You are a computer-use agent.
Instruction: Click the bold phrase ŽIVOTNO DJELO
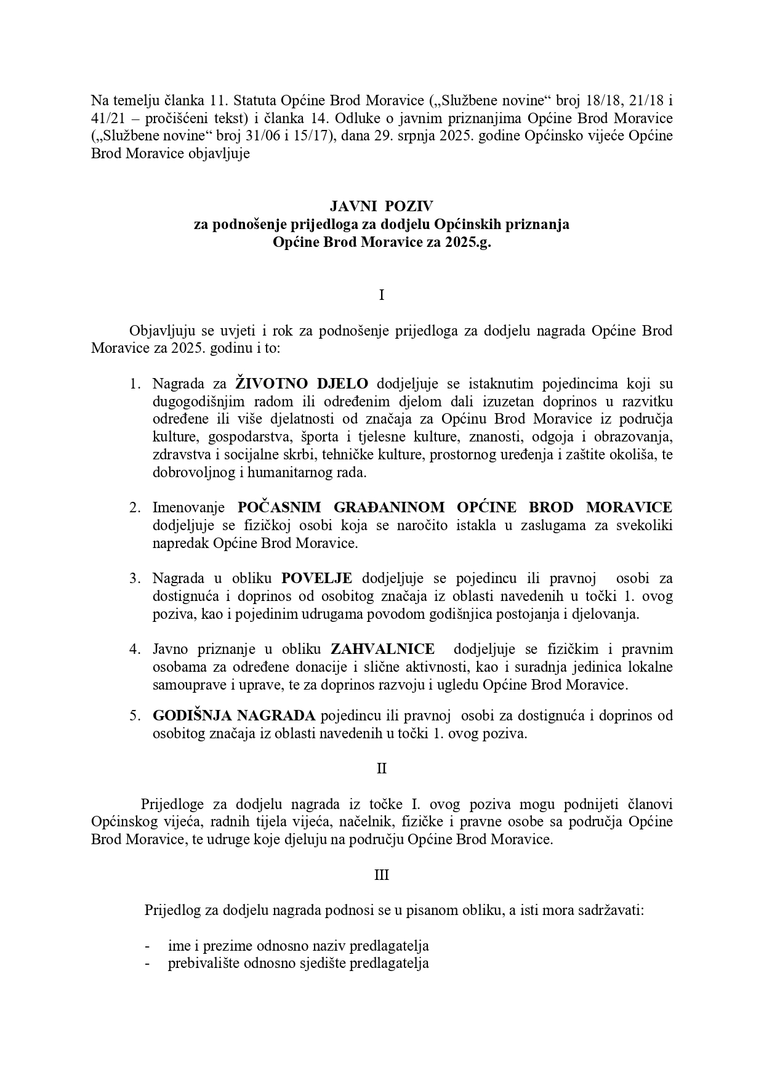click(302, 384)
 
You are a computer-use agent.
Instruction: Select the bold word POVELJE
click(316, 578)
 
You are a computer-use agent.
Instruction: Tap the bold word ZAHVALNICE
click(382, 649)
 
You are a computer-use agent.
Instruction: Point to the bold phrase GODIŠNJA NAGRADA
click(234, 715)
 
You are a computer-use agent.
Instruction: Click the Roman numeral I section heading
click(382, 295)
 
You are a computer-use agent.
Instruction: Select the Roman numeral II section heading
click(382, 768)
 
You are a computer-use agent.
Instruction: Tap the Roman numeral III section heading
click(382, 874)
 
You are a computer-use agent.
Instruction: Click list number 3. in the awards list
click(135, 578)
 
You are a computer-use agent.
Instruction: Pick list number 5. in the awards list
click(135, 715)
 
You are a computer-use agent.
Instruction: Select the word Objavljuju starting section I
click(160, 331)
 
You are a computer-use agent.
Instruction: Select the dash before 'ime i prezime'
click(147, 946)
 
